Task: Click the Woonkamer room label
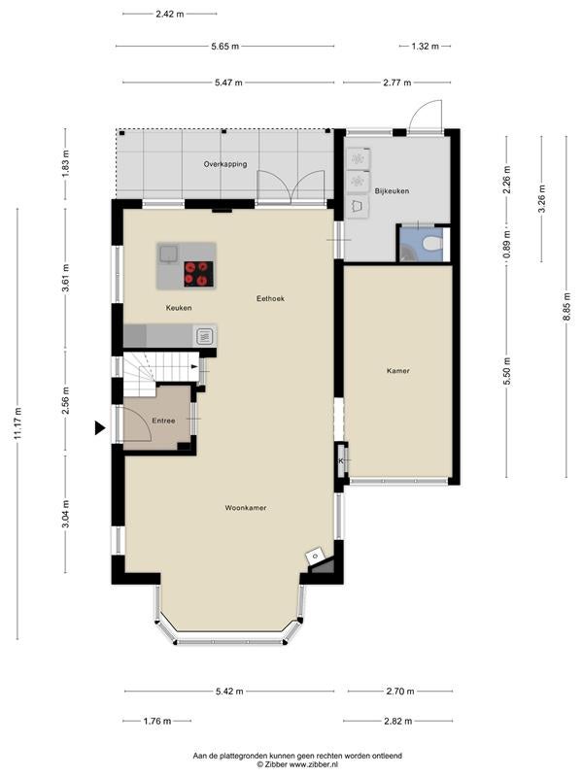click(x=246, y=508)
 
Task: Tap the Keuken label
click(x=179, y=308)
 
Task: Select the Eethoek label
click(x=270, y=299)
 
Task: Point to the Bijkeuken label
click(x=392, y=190)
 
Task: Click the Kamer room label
click(x=398, y=371)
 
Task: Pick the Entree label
click(x=163, y=421)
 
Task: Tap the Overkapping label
click(x=225, y=164)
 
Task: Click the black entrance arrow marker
click(x=100, y=427)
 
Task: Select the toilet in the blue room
click(x=432, y=244)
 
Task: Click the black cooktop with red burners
click(x=199, y=274)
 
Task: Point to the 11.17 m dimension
click(x=17, y=423)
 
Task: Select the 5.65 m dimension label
click(x=225, y=46)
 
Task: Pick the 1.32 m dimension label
click(x=425, y=46)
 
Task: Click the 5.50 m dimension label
click(x=506, y=372)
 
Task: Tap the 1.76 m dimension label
click(x=157, y=721)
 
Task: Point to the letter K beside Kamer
click(x=341, y=460)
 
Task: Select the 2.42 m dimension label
click(x=169, y=14)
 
